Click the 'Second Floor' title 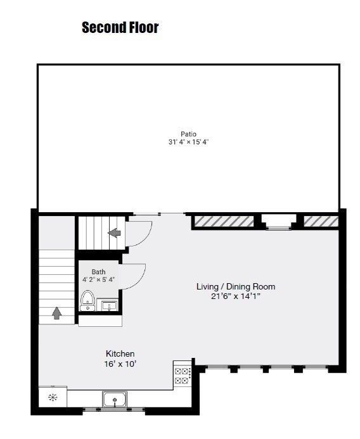[x=120, y=28]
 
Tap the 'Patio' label [x=188, y=134]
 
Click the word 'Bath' [x=98, y=272]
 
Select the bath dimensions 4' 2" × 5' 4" [x=98, y=279]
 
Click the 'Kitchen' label [x=120, y=353]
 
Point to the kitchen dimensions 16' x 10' [x=120, y=364]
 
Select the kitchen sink [x=115, y=400]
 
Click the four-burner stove [x=182, y=376]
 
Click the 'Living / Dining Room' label [x=236, y=286]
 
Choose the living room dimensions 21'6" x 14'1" [x=236, y=296]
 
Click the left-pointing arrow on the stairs [x=114, y=233]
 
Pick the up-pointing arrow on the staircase [x=56, y=312]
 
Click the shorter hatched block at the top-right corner [x=321, y=221]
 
